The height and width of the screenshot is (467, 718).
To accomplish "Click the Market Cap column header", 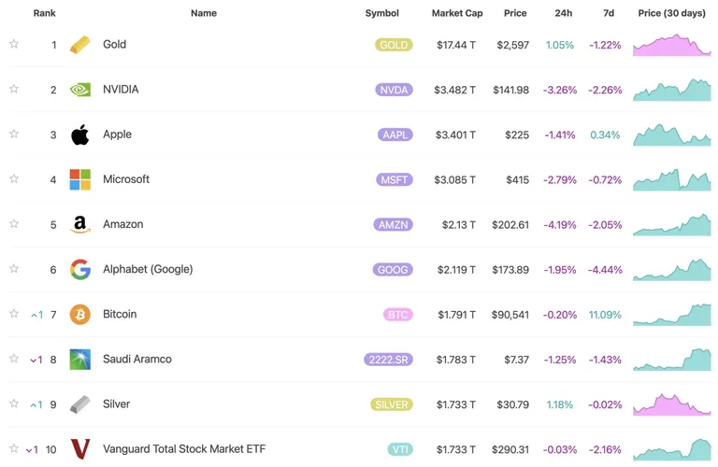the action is [457, 13].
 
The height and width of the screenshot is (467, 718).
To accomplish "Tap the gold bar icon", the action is [80, 45].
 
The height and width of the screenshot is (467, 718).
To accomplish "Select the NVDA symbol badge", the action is [394, 90].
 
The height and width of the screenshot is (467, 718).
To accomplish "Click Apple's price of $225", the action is [517, 134].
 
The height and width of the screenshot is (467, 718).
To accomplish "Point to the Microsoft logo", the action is [80, 179].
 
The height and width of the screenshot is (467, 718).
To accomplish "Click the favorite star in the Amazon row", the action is [14, 223].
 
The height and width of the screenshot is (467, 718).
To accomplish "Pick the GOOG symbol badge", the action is [393, 269].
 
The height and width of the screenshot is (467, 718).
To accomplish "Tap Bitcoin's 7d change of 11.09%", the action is [605, 315].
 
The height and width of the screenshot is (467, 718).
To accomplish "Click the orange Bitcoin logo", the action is [80, 315].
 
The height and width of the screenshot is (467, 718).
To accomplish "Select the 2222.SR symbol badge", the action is [388, 360].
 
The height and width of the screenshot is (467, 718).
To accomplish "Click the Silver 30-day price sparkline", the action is [672, 403].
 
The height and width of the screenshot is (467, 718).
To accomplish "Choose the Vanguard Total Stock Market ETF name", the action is [184, 449].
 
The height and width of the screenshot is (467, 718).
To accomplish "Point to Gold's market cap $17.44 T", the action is [456, 45].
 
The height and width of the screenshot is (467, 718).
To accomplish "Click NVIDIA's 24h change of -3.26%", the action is [560, 90].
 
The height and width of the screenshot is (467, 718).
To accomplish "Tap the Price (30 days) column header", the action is [672, 13].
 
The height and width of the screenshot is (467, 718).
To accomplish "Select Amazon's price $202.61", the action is [510, 224].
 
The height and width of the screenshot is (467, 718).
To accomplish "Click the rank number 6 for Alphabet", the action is [53, 270].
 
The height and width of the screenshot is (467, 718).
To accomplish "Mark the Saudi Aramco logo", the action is [80, 360].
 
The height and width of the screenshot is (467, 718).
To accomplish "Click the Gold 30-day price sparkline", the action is [672, 45].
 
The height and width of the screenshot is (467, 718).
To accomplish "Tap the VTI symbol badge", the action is [400, 449].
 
